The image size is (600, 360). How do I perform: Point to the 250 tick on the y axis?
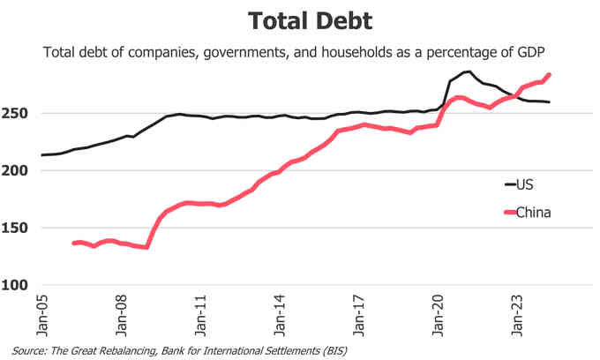20,113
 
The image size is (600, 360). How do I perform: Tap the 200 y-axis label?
20,170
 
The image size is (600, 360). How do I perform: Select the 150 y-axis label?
20,228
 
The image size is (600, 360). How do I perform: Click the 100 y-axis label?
20,285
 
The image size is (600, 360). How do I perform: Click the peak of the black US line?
469,71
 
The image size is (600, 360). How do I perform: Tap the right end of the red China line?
549,75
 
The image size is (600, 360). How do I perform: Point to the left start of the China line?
74,243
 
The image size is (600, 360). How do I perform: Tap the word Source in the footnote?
30,350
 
